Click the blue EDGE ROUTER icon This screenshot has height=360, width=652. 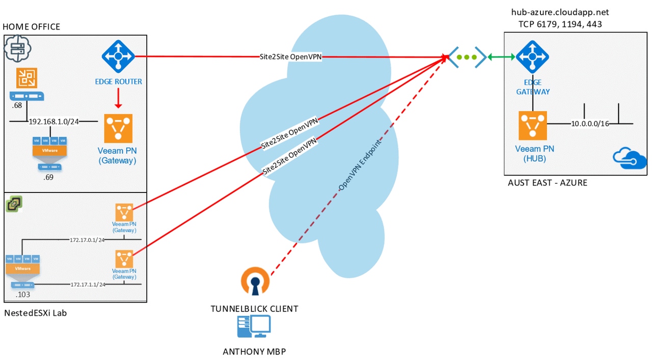click(x=118, y=57)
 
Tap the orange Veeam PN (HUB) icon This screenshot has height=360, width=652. click(x=533, y=125)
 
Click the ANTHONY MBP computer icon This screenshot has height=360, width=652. click(x=254, y=327)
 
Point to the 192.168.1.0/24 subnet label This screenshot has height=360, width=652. click(x=54, y=122)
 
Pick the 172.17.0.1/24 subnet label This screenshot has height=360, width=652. click(x=87, y=239)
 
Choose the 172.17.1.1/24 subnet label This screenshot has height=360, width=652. click(x=88, y=285)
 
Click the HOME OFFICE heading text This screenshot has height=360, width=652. click(x=31, y=26)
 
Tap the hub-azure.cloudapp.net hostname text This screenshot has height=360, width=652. click(x=560, y=12)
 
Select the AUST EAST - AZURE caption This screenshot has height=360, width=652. click(x=548, y=183)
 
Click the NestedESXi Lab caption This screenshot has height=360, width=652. click(x=35, y=313)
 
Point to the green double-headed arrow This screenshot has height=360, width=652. click(x=502, y=57)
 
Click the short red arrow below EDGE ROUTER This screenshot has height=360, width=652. click(x=118, y=98)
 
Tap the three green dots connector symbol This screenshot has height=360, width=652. click(x=466, y=57)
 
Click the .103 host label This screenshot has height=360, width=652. click(x=23, y=294)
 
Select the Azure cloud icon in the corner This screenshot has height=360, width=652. click(x=630, y=158)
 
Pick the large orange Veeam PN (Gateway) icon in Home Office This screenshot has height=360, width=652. click(x=118, y=128)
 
